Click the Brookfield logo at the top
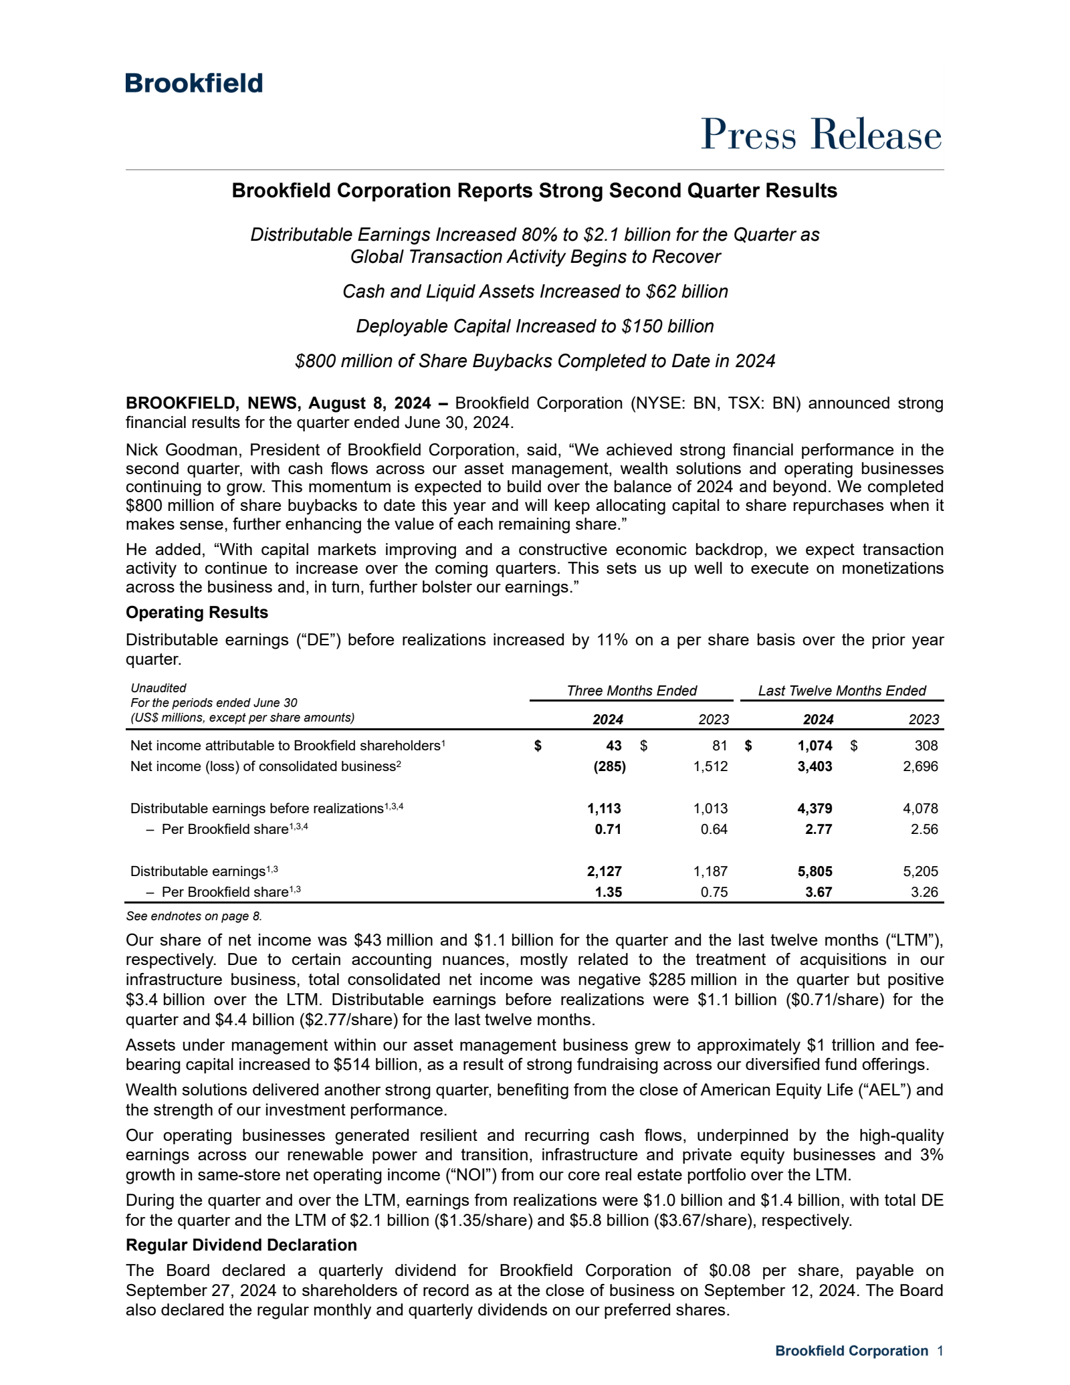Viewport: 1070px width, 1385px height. pyautogui.click(x=194, y=84)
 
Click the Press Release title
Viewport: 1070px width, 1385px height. pyautogui.click(x=821, y=134)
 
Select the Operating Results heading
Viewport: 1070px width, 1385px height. pyautogui.click(x=197, y=613)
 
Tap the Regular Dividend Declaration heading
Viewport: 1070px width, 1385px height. pyautogui.click(x=241, y=1245)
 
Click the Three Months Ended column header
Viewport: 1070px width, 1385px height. pyautogui.click(x=631, y=691)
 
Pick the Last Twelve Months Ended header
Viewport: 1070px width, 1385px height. pyautogui.click(x=841, y=691)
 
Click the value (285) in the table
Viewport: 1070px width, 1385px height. pyautogui.click(x=609, y=766)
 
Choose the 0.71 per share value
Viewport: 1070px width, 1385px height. pyautogui.click(x=608, y=829)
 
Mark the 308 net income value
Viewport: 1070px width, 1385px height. pyautogui.click(x=926, y=746)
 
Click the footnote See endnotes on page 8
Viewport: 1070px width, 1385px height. pyautogui.click(x=194, y=916)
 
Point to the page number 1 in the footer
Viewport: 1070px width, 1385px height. pyautogui.click(x=940, y=1351)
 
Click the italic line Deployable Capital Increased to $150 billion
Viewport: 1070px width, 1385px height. pyautogui.click(x=534, y=326)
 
